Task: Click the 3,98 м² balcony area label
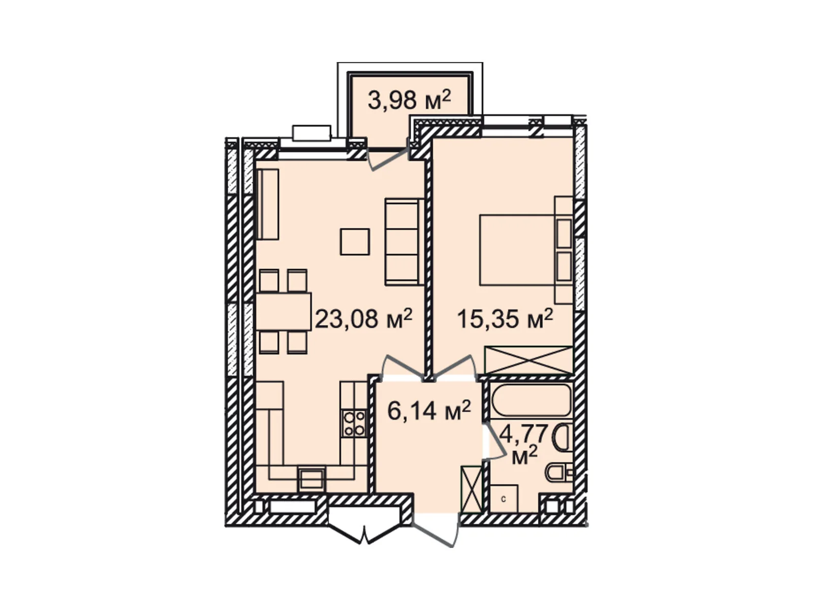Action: pyautogui.click(x=409, y=100)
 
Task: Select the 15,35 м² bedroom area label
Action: pyautogui.click(x=505, y=319)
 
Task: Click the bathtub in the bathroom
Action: pyautogui.click(x=531, y=400)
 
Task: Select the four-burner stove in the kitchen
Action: pyautogui.click(x=354, y=423)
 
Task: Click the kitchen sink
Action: pyautogui.click(x=311, y=478)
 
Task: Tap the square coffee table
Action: pyautogui.click(x=355, y=241)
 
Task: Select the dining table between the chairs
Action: pyautogui.click(x=283, y=311)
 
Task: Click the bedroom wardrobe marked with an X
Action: pyautogui.click(x=528, y=360)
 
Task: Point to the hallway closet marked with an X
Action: pyautogui.click(x=471, y=489)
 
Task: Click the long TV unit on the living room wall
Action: pyautogui.click(x=268, y=204)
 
